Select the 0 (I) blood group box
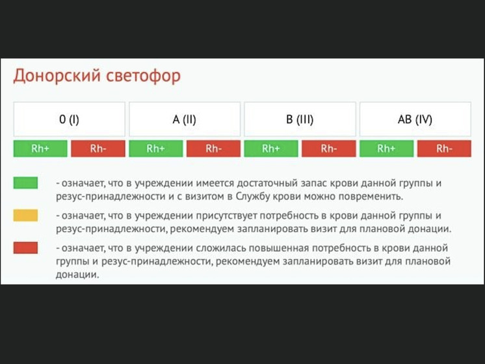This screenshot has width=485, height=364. coord(69,120)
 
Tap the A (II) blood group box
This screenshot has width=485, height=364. coord(184,120)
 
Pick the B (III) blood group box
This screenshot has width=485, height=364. coord(300,120)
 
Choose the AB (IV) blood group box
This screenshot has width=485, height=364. coord(415,120)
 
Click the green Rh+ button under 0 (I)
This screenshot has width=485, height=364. coord(40,149)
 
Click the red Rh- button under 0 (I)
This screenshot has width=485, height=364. coord(98,149)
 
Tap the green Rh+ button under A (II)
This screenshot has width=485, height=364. coord(156,149)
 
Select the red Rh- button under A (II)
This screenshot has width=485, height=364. coord(213,149)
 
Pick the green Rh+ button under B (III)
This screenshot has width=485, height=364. coord(271,149)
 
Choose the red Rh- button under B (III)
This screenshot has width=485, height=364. coord(328,149)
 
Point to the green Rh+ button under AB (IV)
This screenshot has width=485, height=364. coord(386,149)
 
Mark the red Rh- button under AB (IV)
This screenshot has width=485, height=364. coord(444,149)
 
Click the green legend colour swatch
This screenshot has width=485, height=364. coord(25,184)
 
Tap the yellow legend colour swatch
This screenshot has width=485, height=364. coord(25,216)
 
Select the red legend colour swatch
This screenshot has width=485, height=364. coord(25,248)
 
